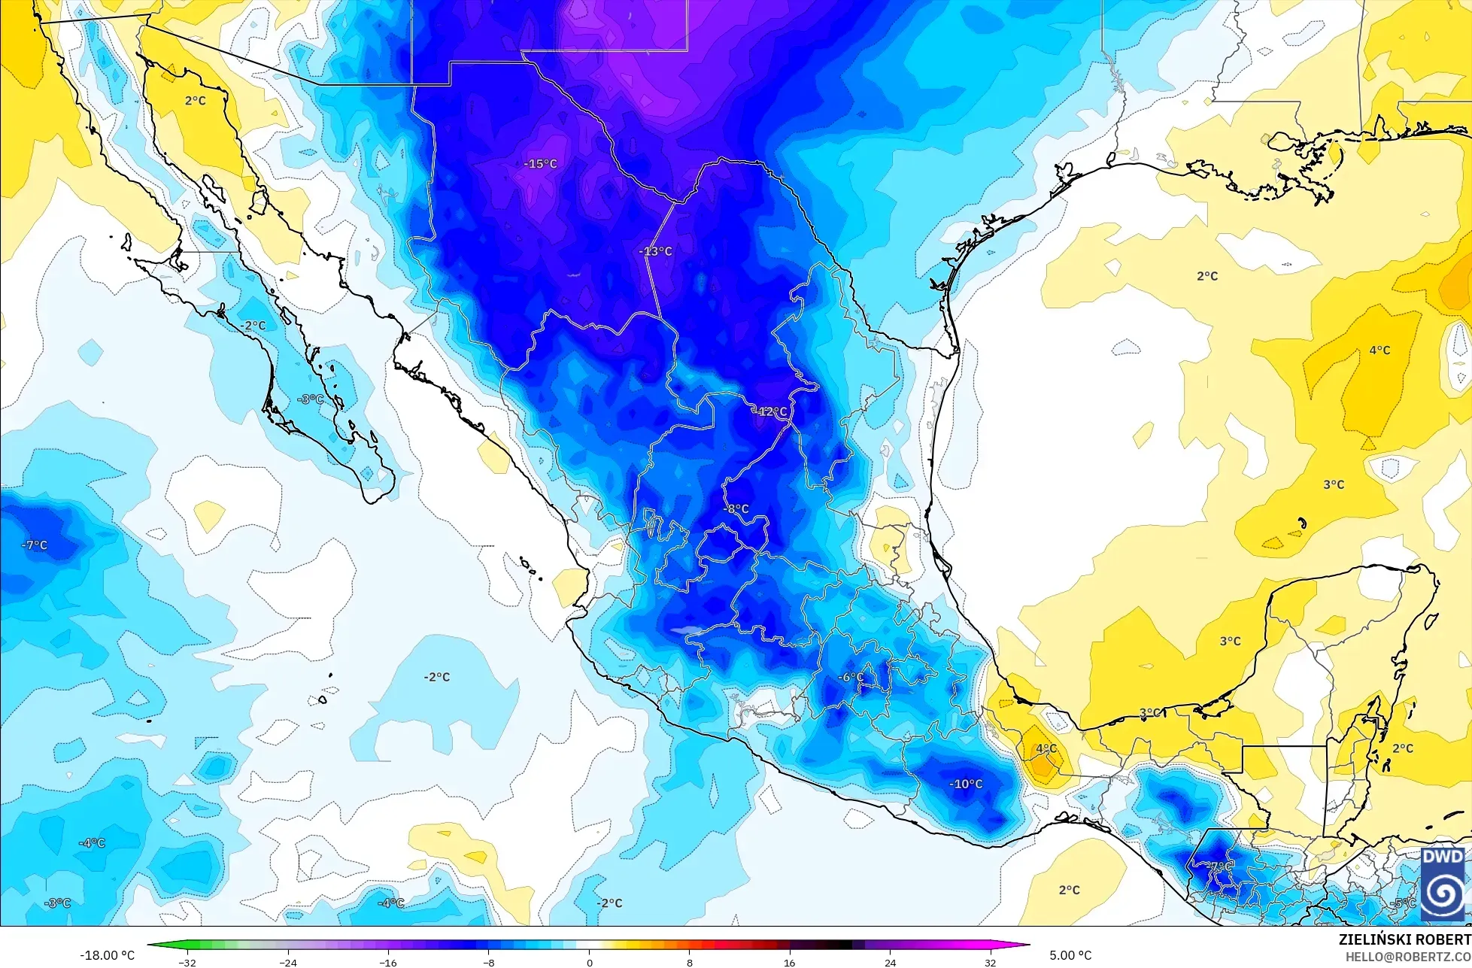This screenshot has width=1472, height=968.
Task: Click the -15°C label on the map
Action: tap(541, 164)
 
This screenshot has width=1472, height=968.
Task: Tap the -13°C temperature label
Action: tap(655, 251)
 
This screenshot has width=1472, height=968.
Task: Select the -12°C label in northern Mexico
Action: tap(771, 411)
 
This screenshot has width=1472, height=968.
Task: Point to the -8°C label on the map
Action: tap(736, 509)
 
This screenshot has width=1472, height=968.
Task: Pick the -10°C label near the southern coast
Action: tap(966, 784)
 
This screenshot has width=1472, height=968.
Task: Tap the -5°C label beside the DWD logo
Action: tap(1404, 903)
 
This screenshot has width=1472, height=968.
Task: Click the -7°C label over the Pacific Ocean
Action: tap(34, 545)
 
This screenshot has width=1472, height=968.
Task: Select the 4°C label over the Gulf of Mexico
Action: tap(1379, 350)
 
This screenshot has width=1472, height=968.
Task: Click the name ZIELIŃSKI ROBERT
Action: tap(1404, 939)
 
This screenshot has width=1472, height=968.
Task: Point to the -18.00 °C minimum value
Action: tap(108, 955)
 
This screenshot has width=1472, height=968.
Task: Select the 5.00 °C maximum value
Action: tap(1070, 955)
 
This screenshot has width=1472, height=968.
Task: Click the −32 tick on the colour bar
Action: tap(187, 962)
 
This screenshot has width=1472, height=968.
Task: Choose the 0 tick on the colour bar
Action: tap(589, 962)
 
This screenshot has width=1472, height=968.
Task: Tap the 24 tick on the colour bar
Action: tap(890, 962)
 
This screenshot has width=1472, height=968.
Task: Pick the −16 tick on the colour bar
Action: tap(388, 962)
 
